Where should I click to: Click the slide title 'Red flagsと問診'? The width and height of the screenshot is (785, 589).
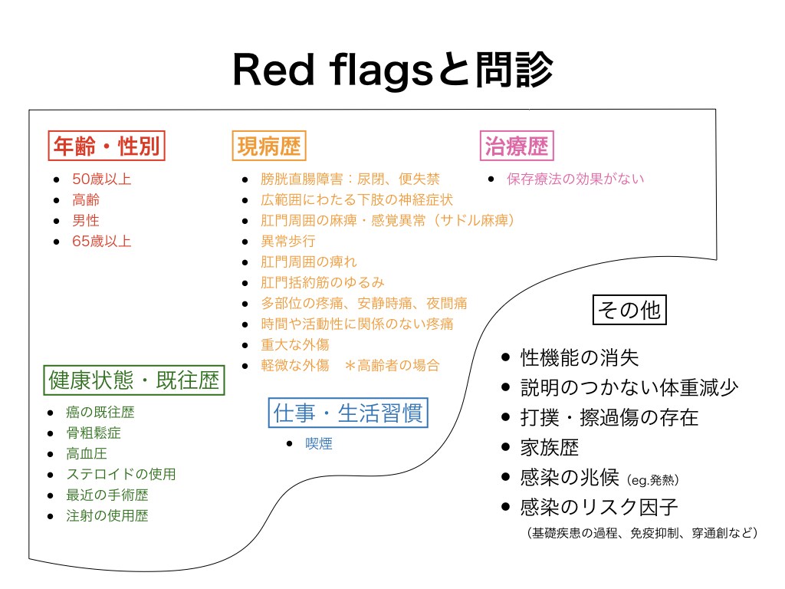click(393, 70)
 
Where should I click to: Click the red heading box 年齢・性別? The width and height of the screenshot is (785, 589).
click(107, 146)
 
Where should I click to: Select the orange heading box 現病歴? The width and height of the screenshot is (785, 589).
click(269, 146)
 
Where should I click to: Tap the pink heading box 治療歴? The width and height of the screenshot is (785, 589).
click(517, 146)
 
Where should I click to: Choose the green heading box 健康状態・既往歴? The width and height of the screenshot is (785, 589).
click(134, 380)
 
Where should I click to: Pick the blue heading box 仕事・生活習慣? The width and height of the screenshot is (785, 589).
click(348, 413)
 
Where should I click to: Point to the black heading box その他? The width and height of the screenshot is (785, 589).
click(629, 310)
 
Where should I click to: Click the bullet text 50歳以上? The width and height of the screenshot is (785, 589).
click(102, 179)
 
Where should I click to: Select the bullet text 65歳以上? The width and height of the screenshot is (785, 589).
click(102, 242)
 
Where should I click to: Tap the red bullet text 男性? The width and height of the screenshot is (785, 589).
click(86, 220)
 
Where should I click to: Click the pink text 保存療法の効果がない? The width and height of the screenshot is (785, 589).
click(575, 179)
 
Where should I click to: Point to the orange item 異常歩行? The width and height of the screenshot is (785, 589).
click(288, 242)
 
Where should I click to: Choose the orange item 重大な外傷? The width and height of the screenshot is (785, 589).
click(295, 344)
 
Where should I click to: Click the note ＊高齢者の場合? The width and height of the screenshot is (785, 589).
click(392, 366)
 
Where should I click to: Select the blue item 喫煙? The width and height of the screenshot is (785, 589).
click(319, 444)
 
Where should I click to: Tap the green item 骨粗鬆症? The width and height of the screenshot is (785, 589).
click(94, 433)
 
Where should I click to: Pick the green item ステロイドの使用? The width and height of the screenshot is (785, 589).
click(121, 474)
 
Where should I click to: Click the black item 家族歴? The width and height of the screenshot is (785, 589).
click(549, 448)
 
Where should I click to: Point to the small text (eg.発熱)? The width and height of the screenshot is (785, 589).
click(653, 480)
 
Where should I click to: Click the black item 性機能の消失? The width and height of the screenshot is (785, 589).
click(580, 357)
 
